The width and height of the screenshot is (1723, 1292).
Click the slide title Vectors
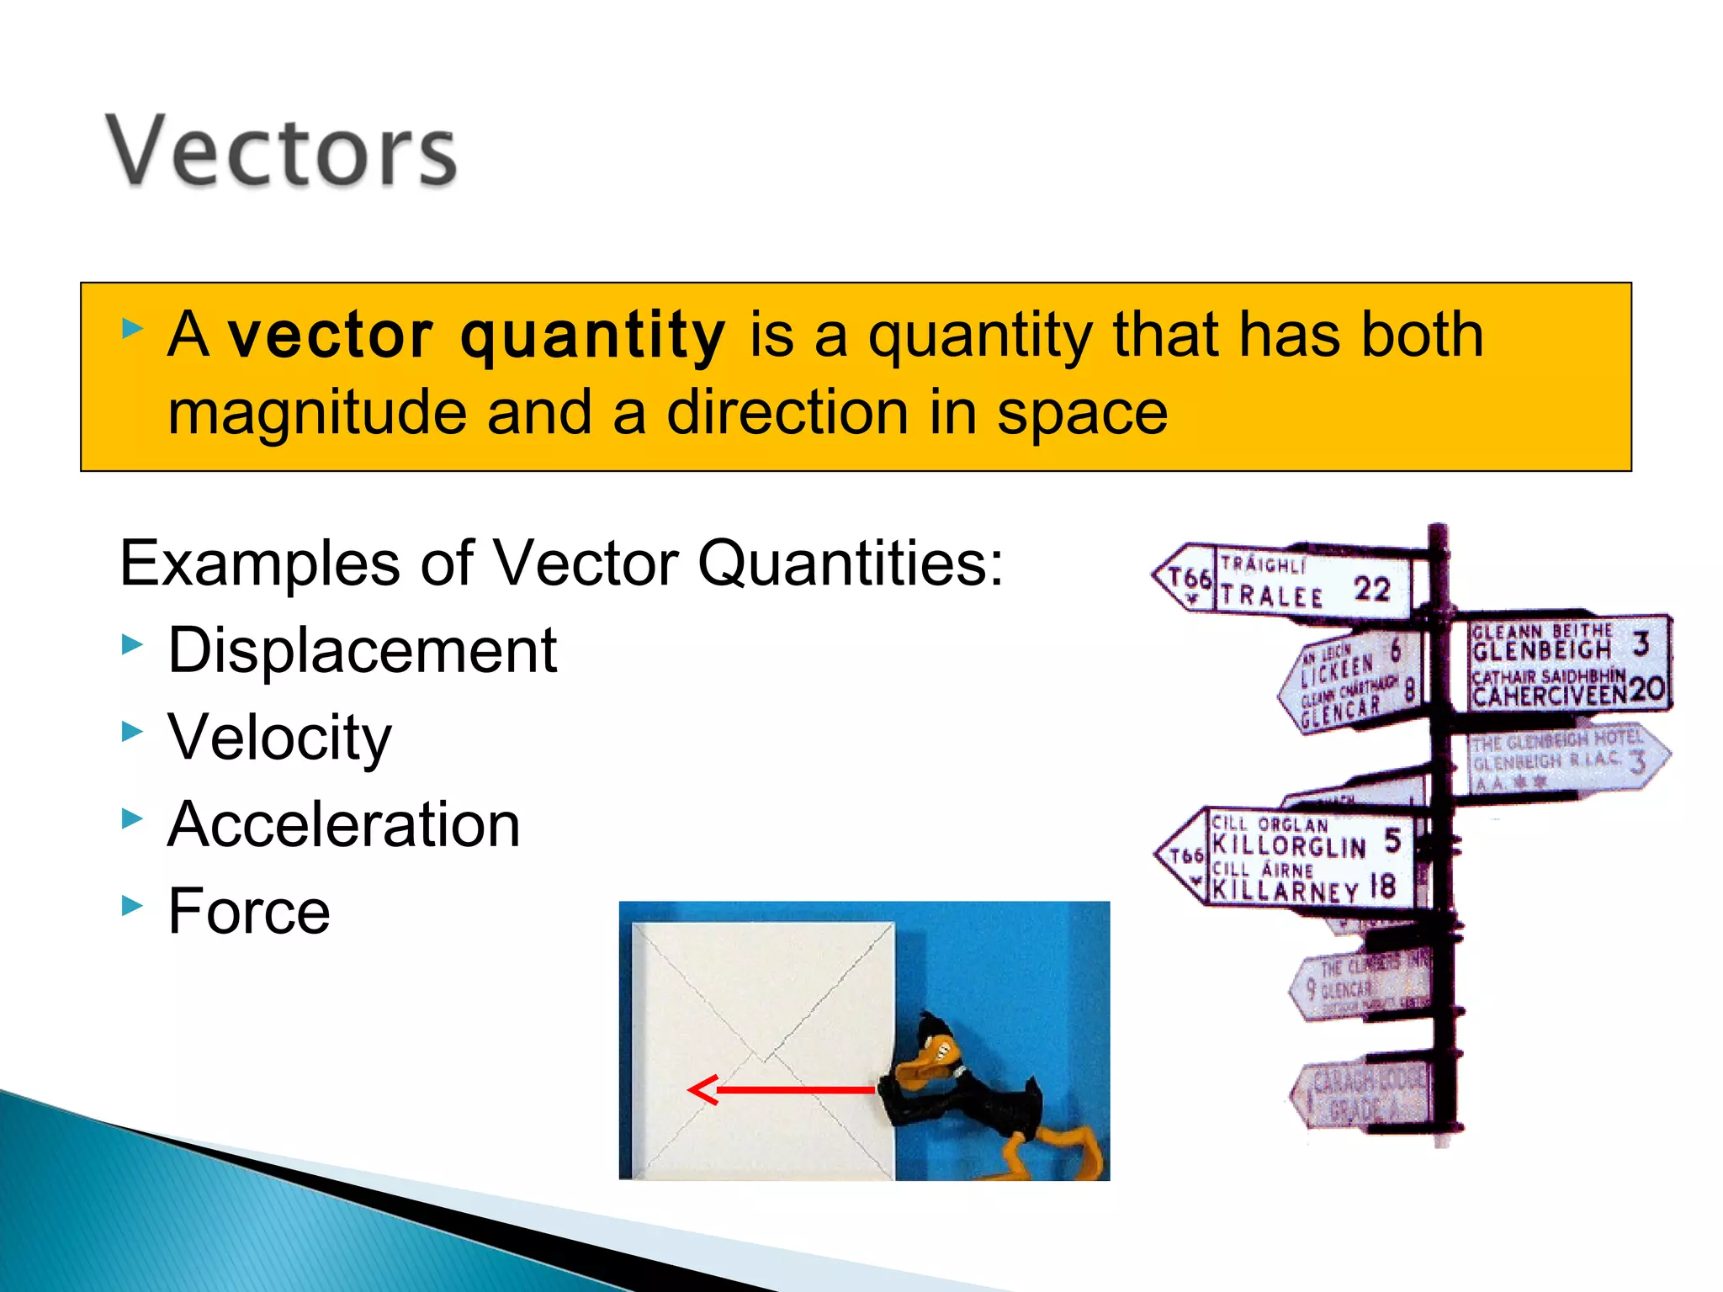(281, 151)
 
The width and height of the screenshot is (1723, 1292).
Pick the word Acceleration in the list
(343, 824)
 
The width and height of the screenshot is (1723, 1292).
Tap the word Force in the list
(249, 911)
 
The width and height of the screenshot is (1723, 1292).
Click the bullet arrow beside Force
(132, 906)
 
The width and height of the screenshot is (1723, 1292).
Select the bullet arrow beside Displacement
(132, 645)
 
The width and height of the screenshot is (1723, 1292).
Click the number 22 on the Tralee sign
(1371, 589)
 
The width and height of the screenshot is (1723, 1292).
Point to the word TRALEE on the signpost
(1271, 596)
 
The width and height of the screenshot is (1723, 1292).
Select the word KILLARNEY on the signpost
(1285, 889)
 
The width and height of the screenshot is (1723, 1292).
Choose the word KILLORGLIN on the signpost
(1288, 845)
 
